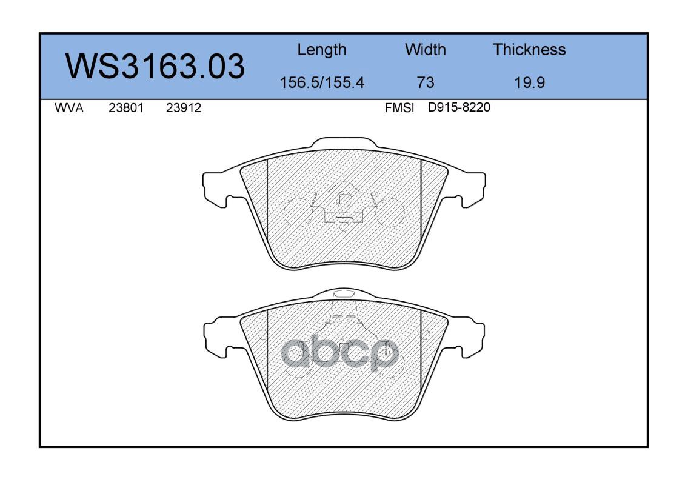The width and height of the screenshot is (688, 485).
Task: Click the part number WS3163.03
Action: (155, 66)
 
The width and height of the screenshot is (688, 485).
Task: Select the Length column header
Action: (322, 50)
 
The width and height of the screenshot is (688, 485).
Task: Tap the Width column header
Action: (425, 49)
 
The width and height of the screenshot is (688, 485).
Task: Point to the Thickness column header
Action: (529, 49)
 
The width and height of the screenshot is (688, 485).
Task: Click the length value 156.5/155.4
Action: (322, 82)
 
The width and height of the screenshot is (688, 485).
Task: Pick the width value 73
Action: (425, 82)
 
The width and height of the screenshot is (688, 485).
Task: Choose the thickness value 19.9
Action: (530, 82)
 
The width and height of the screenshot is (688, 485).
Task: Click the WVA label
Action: (69, 108)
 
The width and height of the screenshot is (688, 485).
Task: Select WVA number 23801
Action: (126, 108)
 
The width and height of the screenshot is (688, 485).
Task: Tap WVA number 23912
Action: (184, 108)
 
